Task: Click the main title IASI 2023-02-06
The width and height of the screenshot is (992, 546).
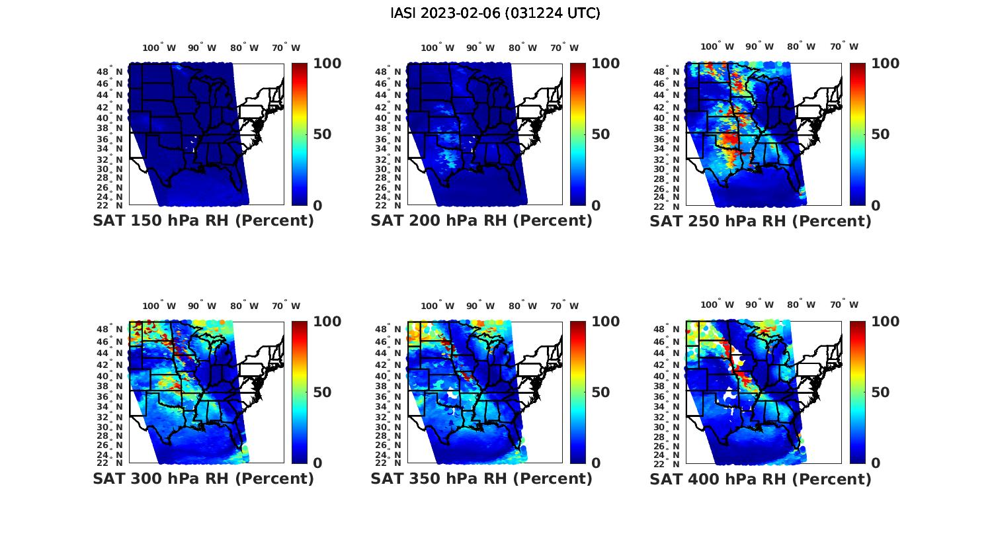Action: pos(495,13)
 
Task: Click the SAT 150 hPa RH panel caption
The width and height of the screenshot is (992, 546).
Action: pos(203,221)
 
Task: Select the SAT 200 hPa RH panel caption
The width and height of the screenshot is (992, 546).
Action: pos(481,221)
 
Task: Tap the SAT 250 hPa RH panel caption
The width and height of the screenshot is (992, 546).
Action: pos(761,221)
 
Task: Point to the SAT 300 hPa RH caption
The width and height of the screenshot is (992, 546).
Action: pos(203,478)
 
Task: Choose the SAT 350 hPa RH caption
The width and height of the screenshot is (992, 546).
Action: pos(481,478)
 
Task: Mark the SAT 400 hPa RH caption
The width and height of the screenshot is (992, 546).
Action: pos(761,478)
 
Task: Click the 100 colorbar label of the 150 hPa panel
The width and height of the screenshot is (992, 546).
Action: pos(327,64)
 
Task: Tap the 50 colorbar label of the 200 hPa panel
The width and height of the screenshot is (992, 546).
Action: pos(600,134)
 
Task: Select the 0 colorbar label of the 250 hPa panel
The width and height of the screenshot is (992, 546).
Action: pos(876,205)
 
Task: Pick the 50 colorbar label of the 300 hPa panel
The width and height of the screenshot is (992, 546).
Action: pos(322,392)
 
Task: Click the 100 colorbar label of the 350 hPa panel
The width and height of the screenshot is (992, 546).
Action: pos(605,322)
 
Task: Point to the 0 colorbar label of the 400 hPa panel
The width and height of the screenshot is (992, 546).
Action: pos(876,463)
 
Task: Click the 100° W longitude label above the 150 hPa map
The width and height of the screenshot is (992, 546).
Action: pos(159,48)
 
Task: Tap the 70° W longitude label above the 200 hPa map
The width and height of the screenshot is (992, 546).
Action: pos(564,48)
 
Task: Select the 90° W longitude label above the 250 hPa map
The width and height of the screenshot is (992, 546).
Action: pos(759,46)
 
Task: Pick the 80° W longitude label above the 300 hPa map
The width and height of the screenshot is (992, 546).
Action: pos(244,306)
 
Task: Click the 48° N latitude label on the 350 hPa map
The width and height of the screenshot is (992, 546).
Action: pos(391,330)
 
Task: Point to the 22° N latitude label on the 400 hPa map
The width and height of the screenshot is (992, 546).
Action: pos(670,463)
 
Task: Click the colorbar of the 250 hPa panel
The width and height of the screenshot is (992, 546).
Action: pos(857,134)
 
